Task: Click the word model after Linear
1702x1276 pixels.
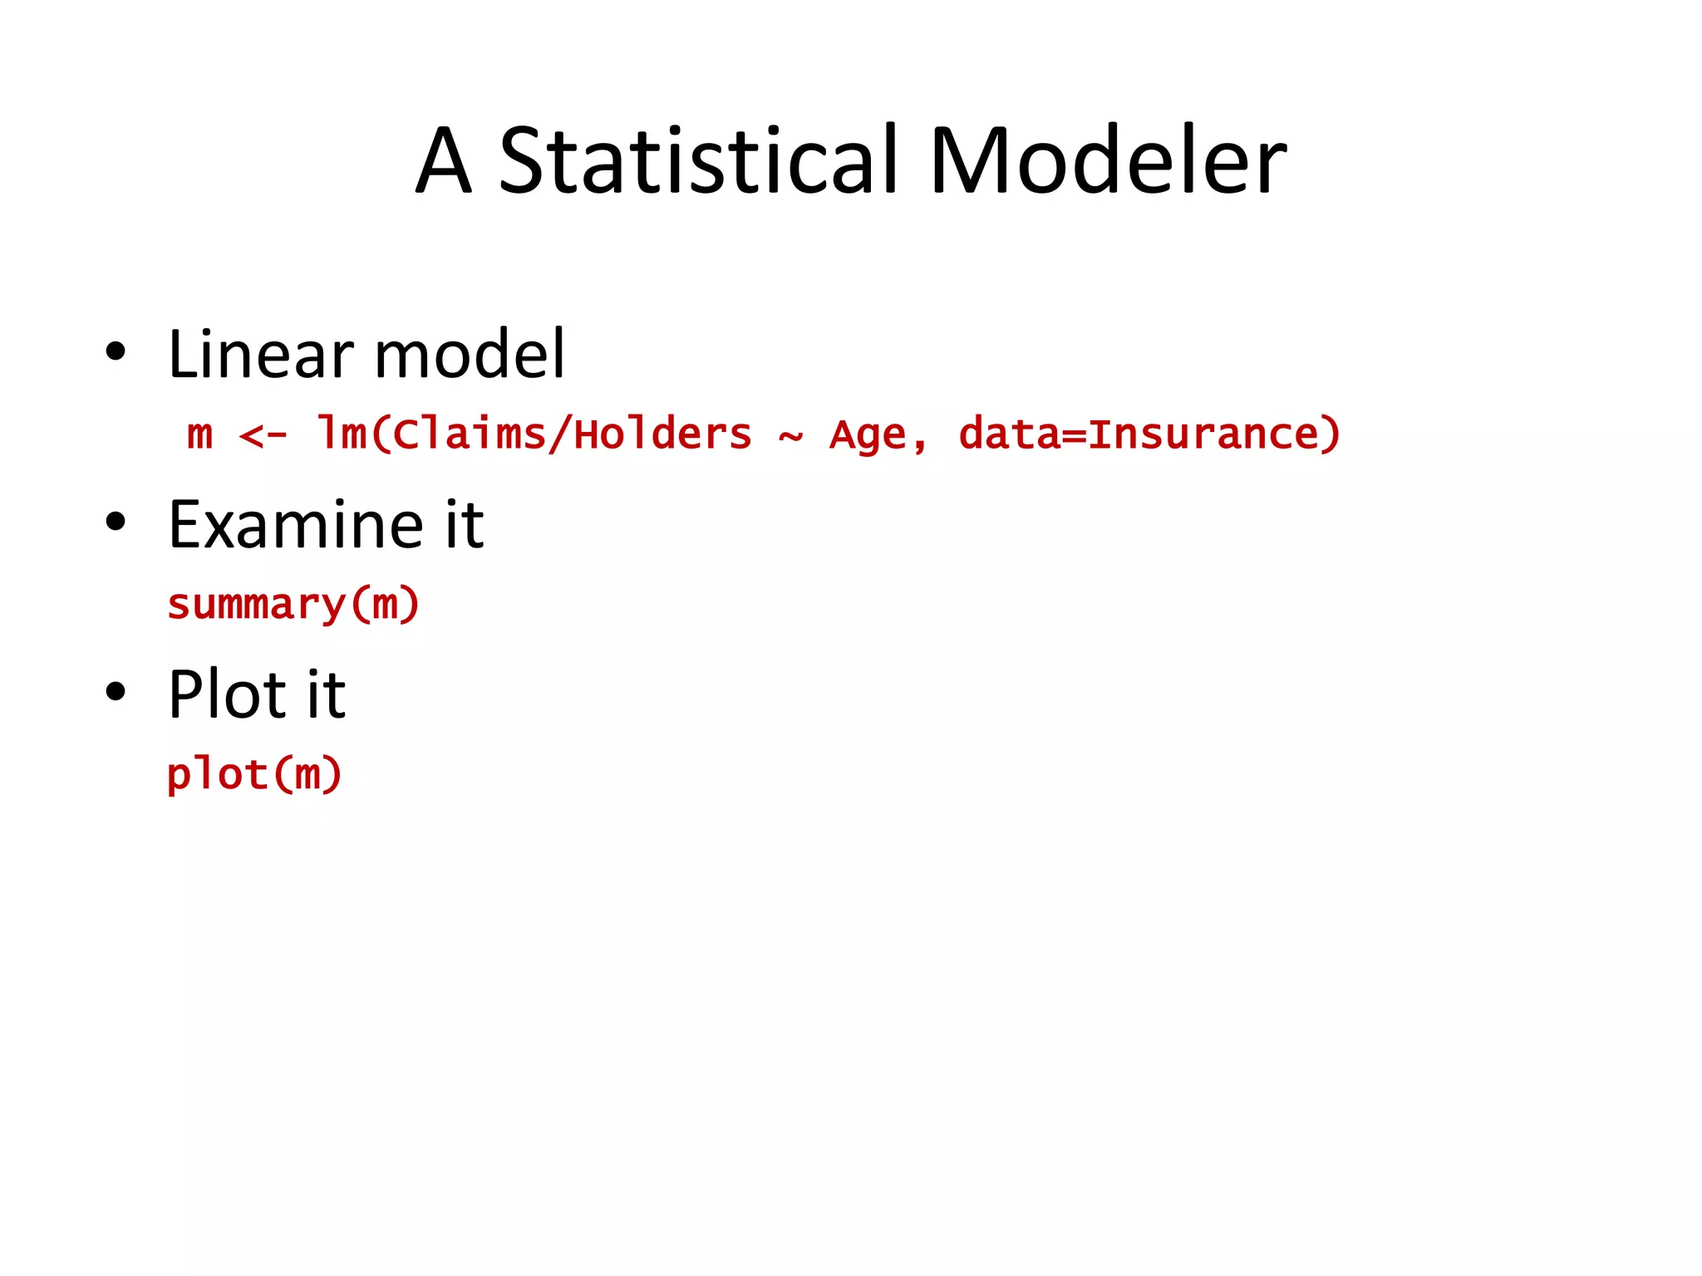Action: click(x=470, y=355)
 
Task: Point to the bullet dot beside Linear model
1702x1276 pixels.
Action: click(x=116, y=351)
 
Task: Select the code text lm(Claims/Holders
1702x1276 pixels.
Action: click(x=534, y=434)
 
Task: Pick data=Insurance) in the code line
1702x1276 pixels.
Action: click(x=1149, y=434)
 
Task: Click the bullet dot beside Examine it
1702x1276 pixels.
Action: click(x=116, y=522)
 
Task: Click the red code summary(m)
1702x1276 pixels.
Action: click(x=293, y=605)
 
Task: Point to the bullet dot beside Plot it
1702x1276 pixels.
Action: click(x=116, y=691)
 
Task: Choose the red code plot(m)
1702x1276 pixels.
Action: click(x=254, y=775)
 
